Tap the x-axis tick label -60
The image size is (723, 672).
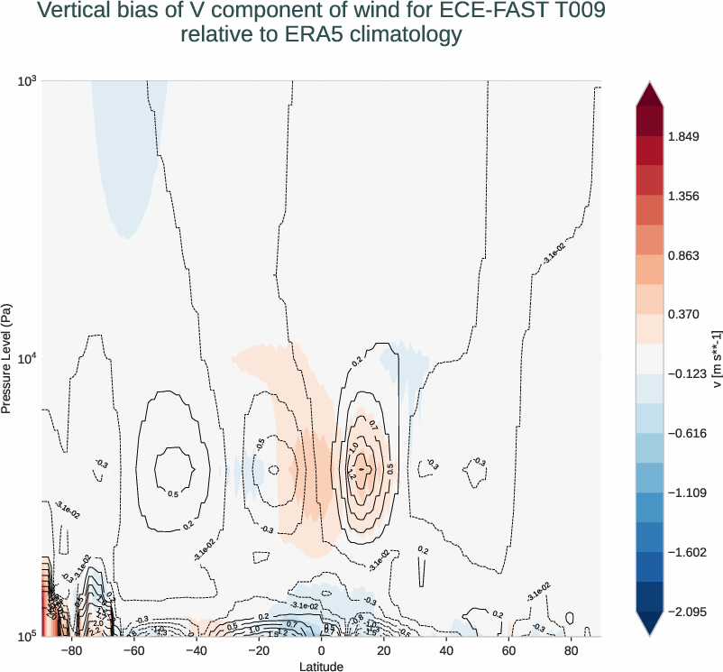133,651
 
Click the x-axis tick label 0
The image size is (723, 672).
321,651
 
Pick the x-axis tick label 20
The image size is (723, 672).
384,651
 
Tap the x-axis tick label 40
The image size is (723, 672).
446,651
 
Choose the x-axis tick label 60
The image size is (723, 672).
509,651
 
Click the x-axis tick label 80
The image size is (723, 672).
572,651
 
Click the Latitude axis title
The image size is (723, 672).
321,666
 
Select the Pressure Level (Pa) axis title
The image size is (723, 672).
7,358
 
